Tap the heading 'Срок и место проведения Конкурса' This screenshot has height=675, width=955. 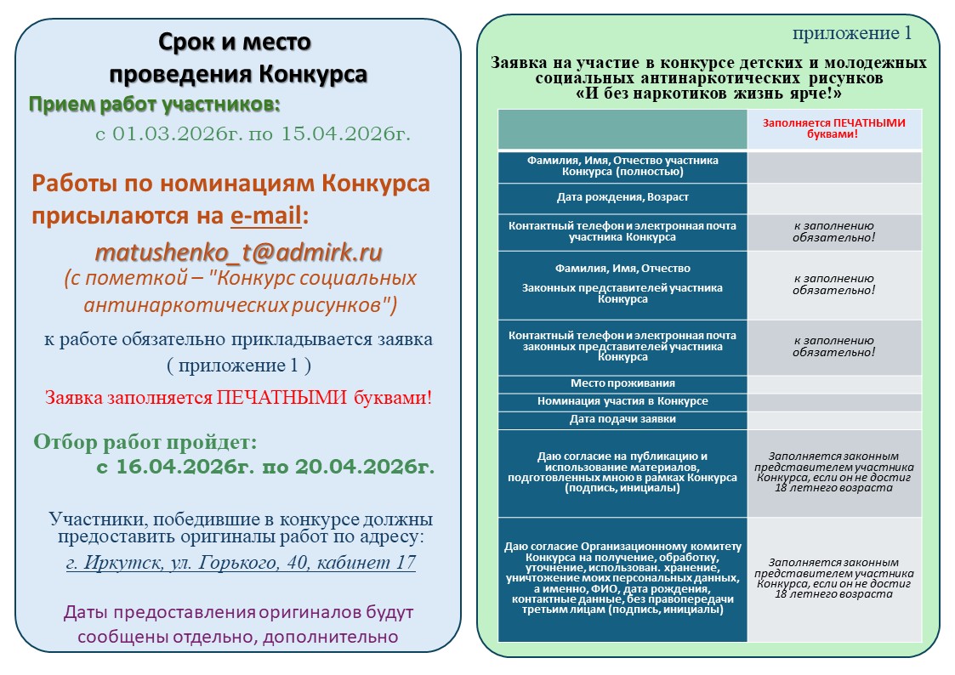237,58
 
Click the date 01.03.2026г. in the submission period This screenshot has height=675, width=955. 174,133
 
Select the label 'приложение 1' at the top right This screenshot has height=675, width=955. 851,33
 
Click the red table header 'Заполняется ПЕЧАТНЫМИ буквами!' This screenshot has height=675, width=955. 833,128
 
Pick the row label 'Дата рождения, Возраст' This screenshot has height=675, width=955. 622,197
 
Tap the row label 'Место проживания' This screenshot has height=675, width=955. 622,383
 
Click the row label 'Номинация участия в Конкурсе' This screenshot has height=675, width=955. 622,401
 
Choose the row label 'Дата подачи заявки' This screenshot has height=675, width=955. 622,419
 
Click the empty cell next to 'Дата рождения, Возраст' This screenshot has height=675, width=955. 833,198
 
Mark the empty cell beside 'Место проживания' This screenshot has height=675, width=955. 833,383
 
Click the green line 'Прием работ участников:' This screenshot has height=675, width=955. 155,105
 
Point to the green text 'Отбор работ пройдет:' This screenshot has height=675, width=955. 145,443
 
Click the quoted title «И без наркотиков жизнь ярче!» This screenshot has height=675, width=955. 708,93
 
